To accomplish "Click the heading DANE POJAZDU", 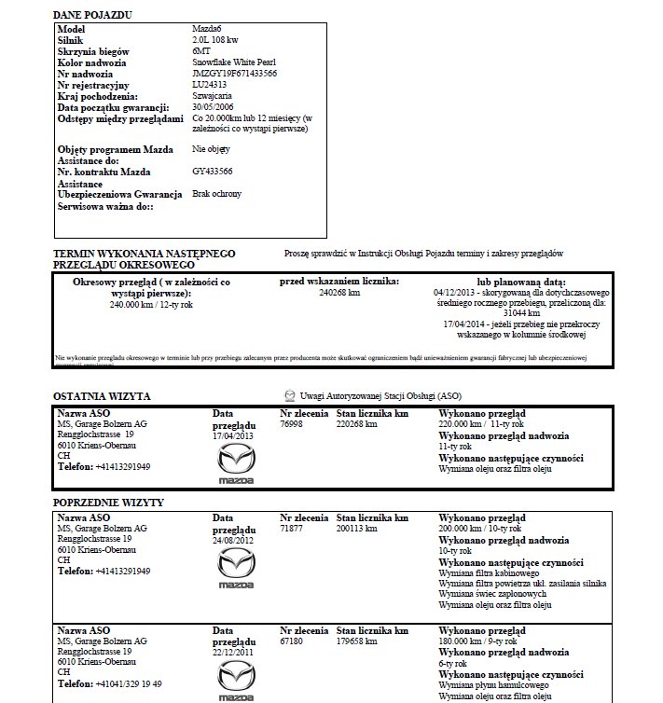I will coord(92,16).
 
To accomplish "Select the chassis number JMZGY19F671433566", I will coord(234,73).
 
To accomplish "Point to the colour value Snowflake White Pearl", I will coord(234,62).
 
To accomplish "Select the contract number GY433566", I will coord(213,172).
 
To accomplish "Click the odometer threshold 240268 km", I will coord(339,293).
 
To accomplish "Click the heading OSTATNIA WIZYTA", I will coord(103,396).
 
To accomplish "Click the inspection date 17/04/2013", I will coord(233,434).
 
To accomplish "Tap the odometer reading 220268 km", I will coord(356,424).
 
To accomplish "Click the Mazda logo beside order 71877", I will coord(235,567).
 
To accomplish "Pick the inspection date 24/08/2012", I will coord(233,540).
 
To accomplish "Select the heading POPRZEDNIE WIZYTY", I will coord(109,503).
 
